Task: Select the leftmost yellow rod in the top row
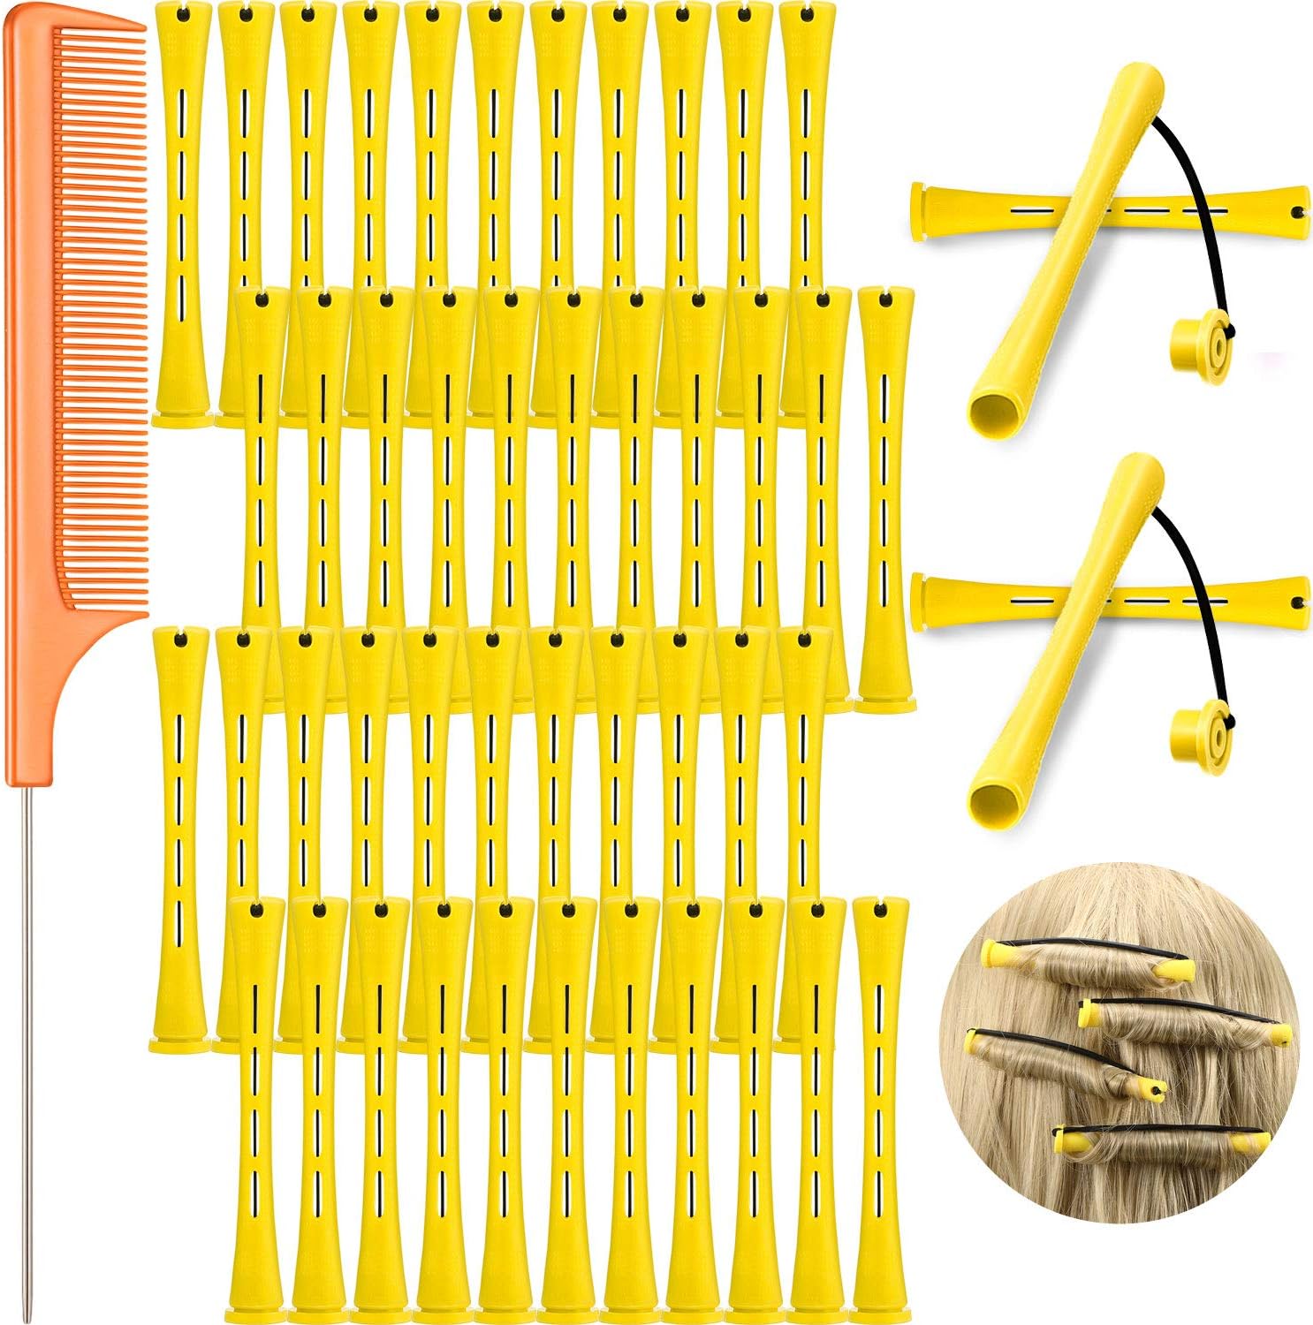(x=182, y=212)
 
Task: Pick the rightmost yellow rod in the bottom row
(x=880, y=1113)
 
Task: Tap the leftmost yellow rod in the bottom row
(x=256, y=1113)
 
